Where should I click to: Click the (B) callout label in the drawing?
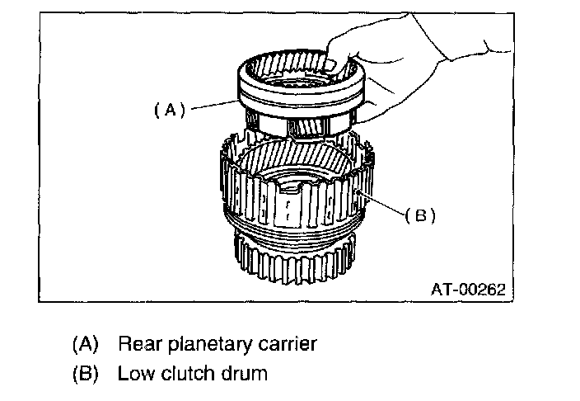coord(419,215)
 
